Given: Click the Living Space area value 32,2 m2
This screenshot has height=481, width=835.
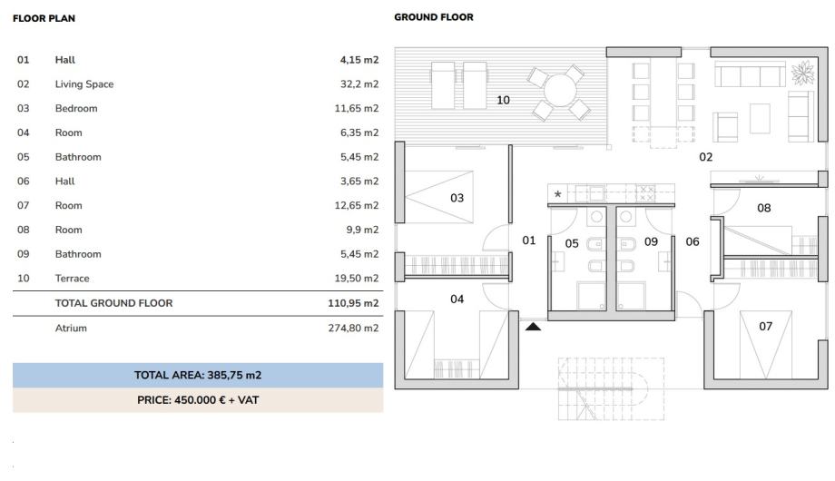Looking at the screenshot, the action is (359, 84).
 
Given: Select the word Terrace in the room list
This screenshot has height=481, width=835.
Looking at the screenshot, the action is (72, 278).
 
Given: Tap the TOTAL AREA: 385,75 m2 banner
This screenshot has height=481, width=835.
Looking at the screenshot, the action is (198, 375).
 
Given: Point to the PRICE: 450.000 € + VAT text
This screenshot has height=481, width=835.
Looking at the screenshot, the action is (198, 400).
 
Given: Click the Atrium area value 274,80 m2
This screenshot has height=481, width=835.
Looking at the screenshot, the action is (353, 329).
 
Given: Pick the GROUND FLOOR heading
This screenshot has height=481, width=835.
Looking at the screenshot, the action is (434, 17).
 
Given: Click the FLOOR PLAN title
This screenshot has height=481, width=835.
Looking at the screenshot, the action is (44, 18).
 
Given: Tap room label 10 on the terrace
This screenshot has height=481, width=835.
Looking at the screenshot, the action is (503, 100).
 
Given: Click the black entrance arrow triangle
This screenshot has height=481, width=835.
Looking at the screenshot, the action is (533, 327).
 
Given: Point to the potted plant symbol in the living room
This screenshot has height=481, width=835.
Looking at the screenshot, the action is (802, 73).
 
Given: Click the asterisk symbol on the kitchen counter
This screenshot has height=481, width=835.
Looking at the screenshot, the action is (557, 194).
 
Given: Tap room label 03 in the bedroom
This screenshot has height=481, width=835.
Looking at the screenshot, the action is (457, 198).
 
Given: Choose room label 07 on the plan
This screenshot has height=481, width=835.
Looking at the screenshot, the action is (765, 326).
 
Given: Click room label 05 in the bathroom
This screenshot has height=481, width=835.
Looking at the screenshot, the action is (572, 243).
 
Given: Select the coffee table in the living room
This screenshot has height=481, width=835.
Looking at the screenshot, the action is (760, 118).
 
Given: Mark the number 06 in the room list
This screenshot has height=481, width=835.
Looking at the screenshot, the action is (23, 182).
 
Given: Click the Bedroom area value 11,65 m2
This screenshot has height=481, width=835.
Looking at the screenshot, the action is (357, 109).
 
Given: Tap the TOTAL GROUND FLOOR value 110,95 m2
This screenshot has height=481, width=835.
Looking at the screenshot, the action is (353, 303).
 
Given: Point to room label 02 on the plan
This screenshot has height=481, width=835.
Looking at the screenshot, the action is (705, 157).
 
